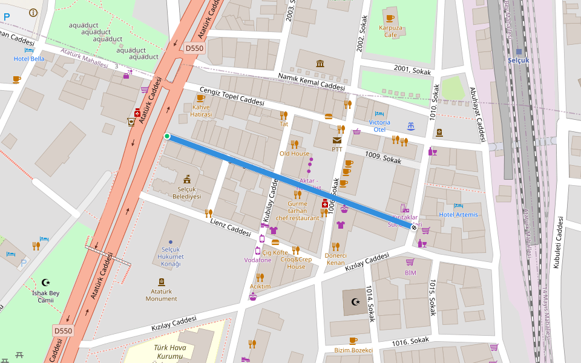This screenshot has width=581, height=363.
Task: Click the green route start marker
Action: click(x=167, y=136)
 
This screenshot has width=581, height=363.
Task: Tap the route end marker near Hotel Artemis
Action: click(x=414, y=227)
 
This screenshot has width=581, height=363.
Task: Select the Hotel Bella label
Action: click(x=29, y=59)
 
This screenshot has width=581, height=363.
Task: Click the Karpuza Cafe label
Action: click(x=390, y=31)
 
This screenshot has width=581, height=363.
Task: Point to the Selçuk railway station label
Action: click(x=519, y=60)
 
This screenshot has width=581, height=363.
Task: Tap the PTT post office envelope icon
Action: click(x=336, y=140)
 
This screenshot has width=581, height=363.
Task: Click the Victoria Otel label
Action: click(x=379, y=126)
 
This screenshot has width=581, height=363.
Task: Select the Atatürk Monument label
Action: click(x=161, y=295)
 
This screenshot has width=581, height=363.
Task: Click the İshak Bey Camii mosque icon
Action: click(x=46, y=282)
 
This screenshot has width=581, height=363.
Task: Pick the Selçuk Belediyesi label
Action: click(x=186, y=193)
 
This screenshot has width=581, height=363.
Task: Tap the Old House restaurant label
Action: click(x=294, y=154)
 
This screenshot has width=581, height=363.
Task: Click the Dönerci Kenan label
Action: click(x=335, y=259)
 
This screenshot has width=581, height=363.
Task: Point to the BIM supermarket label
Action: click(x=410, y=273)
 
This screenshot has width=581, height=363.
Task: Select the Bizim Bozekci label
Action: click(x=353, y=350)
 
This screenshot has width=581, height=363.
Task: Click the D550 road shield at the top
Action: click(x=195, y=48)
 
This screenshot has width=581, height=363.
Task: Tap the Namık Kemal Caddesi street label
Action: click(x=311, y=83)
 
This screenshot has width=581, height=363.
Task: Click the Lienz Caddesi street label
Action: click(x=230, y=228)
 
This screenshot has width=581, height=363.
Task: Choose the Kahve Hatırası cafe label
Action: click(x=201, y=110)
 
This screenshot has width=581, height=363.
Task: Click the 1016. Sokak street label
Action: click(x=410, y=342)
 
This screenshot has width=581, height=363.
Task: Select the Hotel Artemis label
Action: click(x=458, y=215)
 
